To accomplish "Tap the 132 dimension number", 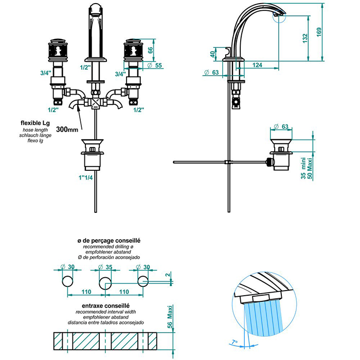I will (305, 39).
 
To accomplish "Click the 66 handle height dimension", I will (150, 50).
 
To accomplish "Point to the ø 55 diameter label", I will (154, 65).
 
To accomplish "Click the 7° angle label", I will (235, 341).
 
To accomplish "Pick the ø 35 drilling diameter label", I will (105, 267).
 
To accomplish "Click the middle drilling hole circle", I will (105, 281).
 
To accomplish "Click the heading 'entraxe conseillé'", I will (105, 305).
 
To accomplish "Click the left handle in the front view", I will (57, 51).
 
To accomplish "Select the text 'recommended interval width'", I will (105, 312).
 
